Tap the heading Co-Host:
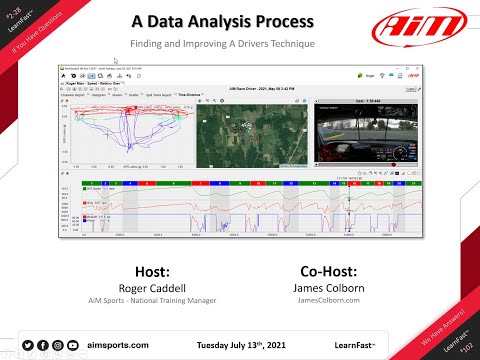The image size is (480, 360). click(327, 271)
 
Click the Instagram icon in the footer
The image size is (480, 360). click(58, 344)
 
